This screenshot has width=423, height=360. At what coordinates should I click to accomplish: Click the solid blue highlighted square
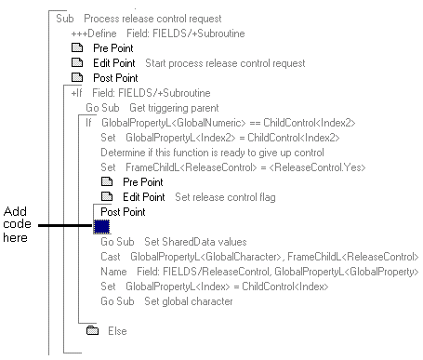[102, 226]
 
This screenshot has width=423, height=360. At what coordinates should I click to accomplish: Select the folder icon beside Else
[92, 330]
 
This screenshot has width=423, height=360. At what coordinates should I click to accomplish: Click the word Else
[117, 330]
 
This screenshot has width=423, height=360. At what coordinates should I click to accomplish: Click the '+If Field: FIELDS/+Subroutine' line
[140, 93]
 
